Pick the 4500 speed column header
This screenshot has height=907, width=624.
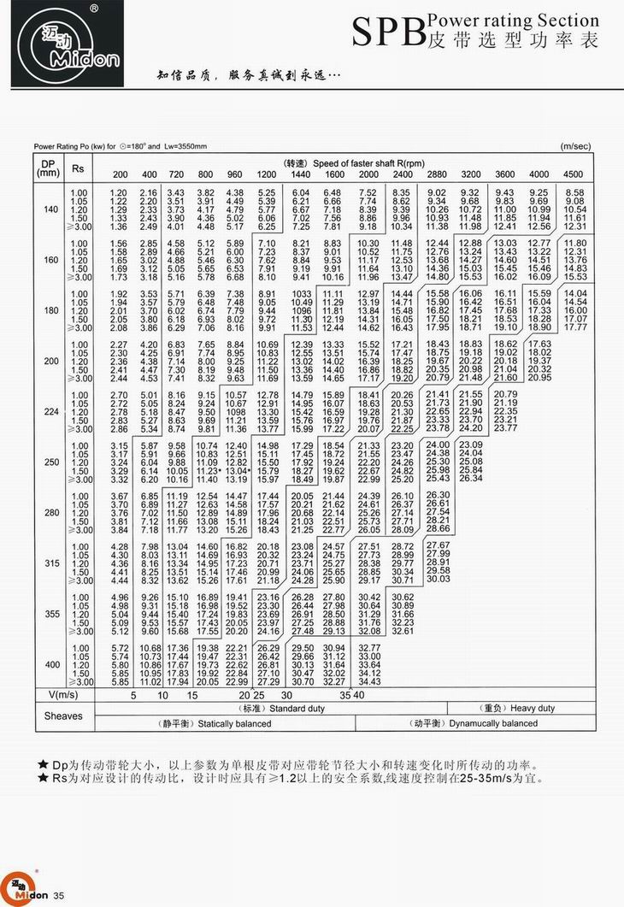point(574,174)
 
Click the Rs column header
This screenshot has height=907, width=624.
point(78,167)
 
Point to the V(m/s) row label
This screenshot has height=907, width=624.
point(62,695)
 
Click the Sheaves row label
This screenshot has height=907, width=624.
point(62,716)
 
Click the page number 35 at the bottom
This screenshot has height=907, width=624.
point(59,895)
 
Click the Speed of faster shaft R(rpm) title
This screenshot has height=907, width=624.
point(354,162)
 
